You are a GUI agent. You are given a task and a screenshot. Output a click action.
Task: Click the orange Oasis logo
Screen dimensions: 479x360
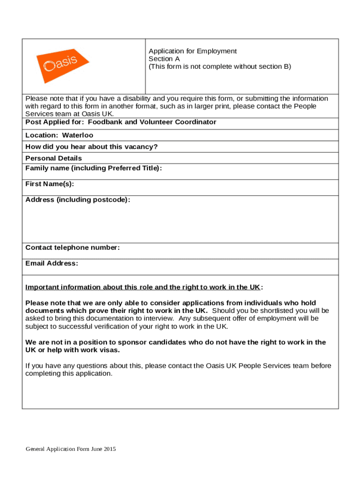pyautogui.click(x=62, y=65)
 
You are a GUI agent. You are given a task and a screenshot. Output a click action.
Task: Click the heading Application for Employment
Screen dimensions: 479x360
pyautogui.click(x=193, y=51)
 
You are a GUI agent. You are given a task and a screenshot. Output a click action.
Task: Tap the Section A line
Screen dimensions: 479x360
pyautogui.click(x=164, y=59)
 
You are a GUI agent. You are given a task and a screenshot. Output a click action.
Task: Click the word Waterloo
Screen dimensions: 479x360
pyautogui.click(x=78, y=135)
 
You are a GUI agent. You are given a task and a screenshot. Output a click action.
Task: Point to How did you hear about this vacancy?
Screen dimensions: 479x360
pyautogui.click(x=91, y=147)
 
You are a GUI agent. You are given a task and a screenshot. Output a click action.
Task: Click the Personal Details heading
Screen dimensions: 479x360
pyautogui.click(x=53, y=158)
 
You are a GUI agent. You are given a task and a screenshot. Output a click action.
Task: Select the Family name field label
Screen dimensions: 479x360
pyautogui.click(x=94, y=168)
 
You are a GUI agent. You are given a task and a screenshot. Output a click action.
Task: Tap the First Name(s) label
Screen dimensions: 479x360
pyautogui.click(x=50, y=184)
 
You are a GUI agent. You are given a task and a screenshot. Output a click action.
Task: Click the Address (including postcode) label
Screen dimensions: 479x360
pyautogui.click(x=78, y=200)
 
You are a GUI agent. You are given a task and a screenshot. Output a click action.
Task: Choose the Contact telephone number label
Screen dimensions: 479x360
pyautogui.click(x=72, y=247)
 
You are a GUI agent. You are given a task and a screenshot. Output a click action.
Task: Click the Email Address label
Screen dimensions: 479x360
pyautogui.click(x=51, y=263)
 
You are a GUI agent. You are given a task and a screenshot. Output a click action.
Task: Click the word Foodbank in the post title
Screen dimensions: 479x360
pyautogui.click(x=105, y=122)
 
